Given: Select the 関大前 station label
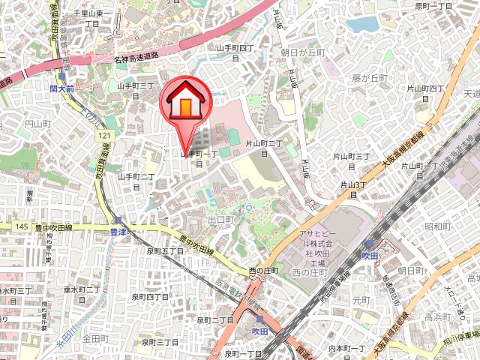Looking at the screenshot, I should pyautogui.click(x=63, y=88).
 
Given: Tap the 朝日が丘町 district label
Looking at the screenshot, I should pyautogui.click(x=302, y=52).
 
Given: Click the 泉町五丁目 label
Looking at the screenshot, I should pyautogui.click(x=165, y=251).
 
